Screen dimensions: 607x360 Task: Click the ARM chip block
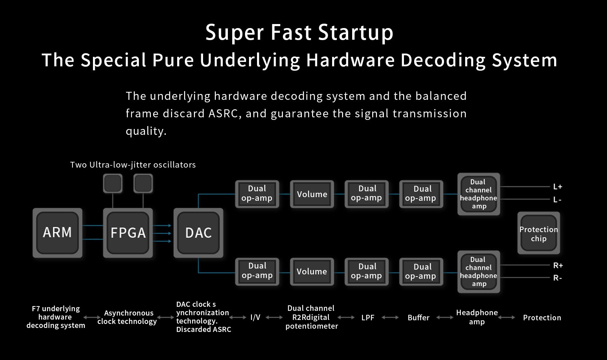[x=58, y=233]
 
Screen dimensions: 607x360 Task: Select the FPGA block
[x=128, y=233]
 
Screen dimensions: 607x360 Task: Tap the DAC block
[x=198, y=233]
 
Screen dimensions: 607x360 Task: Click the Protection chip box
[x=538, y=233]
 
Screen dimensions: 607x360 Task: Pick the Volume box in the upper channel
[x=312, y=194]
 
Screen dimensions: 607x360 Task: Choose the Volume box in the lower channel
[x=312, y=272]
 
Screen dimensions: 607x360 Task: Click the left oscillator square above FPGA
[x=113, y=183]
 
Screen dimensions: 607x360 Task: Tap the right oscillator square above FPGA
[x=143, y=183]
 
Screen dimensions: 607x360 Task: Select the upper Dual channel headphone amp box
[x=479, y=194]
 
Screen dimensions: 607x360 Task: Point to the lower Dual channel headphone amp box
[x=479, y=272]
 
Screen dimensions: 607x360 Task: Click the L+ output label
[x=558, y=187]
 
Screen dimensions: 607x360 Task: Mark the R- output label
[x=557, y=278]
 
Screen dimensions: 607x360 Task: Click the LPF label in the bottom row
[x=368, y=317]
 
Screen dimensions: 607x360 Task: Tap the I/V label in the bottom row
[x=255, y=317]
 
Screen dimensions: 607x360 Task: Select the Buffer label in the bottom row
[x=419, y=317]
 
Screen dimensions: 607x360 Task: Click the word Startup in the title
[x=355, y=32]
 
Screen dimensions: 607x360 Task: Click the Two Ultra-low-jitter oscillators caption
[x=133, y=165]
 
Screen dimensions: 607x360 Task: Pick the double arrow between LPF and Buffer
[x=390, y=317]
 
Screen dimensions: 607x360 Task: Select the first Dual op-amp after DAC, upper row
[x=257, y=194]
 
